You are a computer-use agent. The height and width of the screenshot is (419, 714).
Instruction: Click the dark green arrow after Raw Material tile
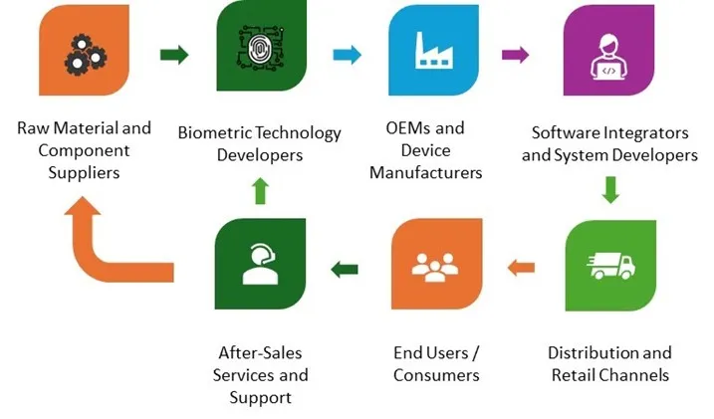[174, 56]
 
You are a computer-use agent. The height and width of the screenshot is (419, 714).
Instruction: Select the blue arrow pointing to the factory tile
[346, 56]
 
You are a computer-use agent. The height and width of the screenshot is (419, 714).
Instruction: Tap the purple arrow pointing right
[516, 56]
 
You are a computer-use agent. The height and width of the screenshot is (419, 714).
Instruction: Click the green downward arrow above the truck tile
[610, 189]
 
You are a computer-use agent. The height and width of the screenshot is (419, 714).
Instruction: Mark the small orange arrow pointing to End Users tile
[520, 267]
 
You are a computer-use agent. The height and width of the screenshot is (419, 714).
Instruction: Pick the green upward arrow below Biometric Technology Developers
[258, 190]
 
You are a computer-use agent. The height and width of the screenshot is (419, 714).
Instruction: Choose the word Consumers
[436, 375]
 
